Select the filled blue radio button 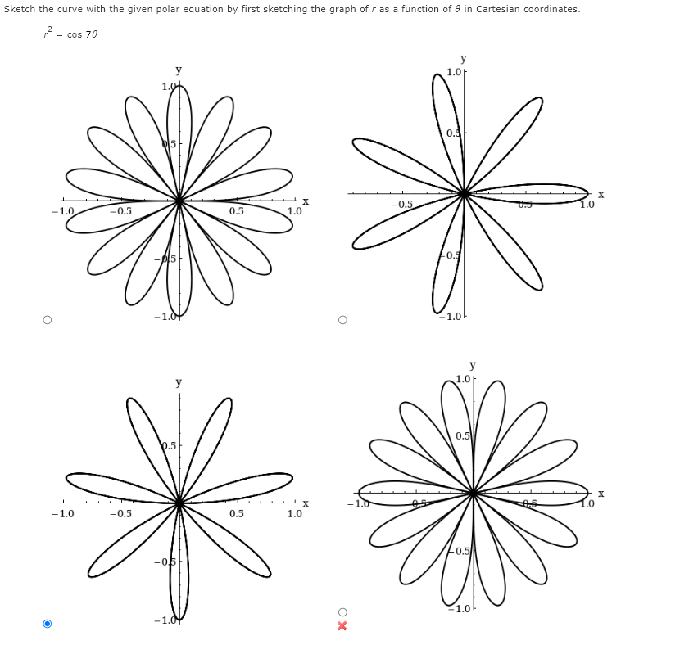[x=47, y=624]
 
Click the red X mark [x=342, y=626]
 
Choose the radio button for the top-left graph [x=47, y=319]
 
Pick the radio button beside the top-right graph [x=342, y=319]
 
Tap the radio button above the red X [x=342, y=612]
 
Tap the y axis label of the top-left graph [x=179, y=70]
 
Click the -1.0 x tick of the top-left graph [x=62, y=210]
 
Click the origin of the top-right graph [x=465, y=194]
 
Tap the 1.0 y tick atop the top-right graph [x=454, y=72]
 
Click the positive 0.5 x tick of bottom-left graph [x=236, y=514]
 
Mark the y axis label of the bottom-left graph [x=179, y=382]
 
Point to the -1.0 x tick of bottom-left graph [x=62, y=514]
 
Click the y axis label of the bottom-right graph [x=473, y=365]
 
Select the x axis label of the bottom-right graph [x=601, y=494]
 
